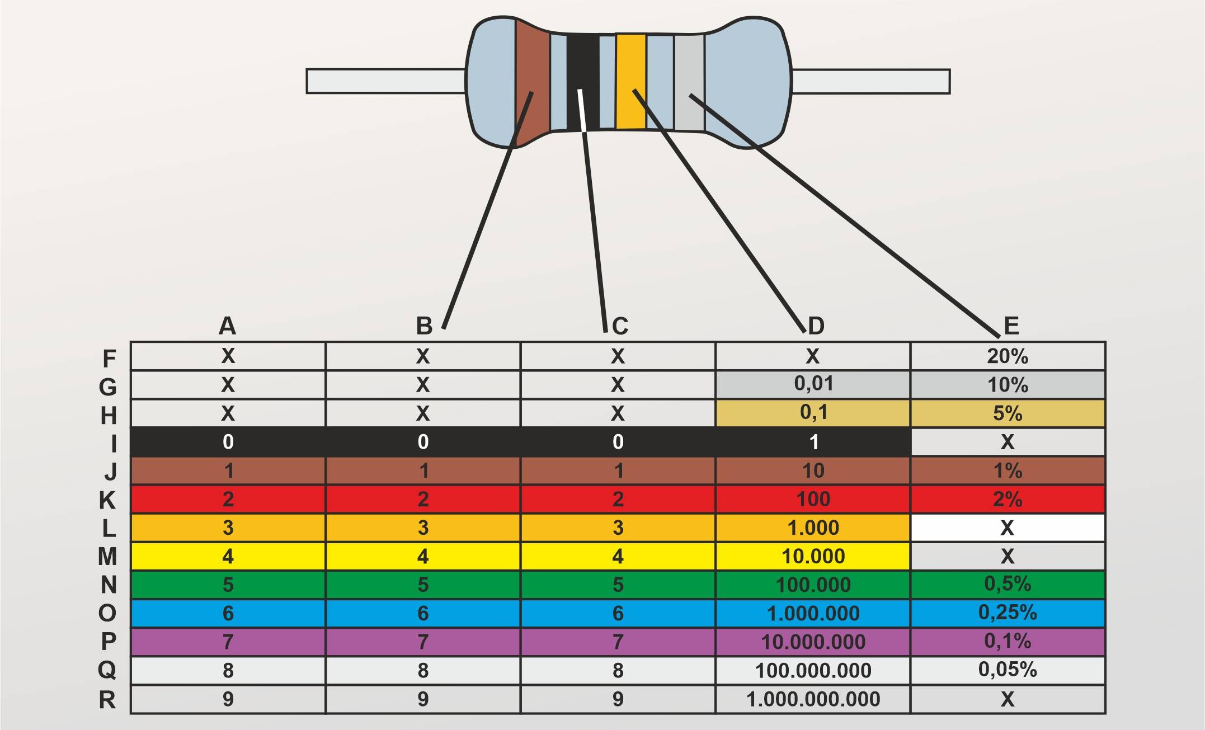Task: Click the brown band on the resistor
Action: click(x=531, y=62)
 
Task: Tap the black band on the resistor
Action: click(x=582, y=62)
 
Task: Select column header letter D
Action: click(x=816, y=326)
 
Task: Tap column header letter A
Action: click(x=227, y=326)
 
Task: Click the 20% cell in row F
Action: click(x=1008, y=356)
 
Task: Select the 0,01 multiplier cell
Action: click(x=813, y=384)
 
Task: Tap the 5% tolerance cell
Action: click(x=1008, y=413)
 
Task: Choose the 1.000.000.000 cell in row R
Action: click(x=813, y=699)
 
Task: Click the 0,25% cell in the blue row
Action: click(x=1008, y=613)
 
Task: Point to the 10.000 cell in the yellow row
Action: click(x=813, y=556)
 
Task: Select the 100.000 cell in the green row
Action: click(x=813, y=585)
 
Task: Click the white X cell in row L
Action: click(x=1008, y=528)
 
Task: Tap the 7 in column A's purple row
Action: click(x=228, y=642)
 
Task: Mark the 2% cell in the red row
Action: click(x=1008, y=499)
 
